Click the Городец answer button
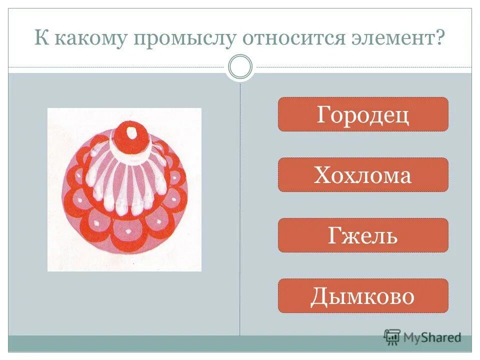tap(363, 114)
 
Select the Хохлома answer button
tap(363, 175)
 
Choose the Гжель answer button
tap(363, 235)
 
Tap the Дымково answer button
tap(363, 296)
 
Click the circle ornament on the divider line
tap(240, 67)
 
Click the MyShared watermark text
tap(432, 337)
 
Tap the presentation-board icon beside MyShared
tap(392, 337)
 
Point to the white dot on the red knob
tap(131, 132)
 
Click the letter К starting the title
tap(39, 38)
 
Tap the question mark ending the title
tap(439, 38)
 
